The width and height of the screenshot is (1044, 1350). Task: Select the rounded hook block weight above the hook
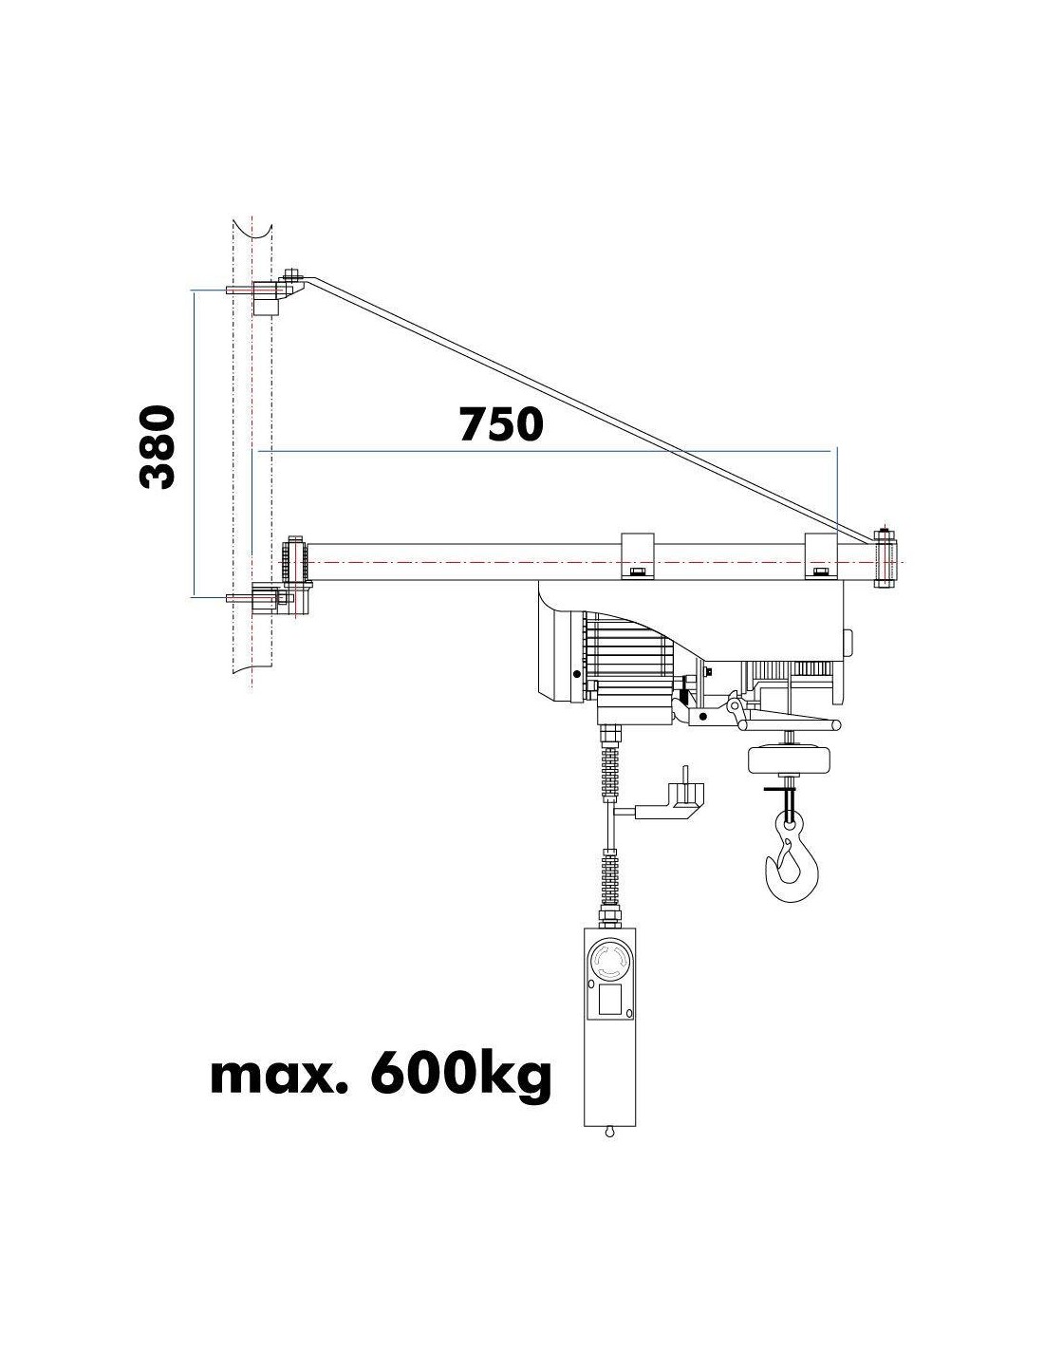[789, 759]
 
